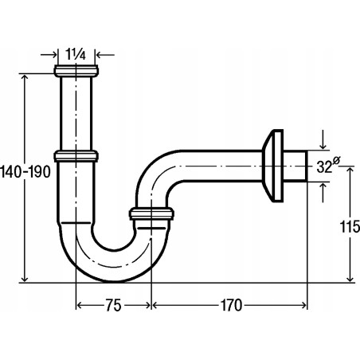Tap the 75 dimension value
pos(113,305)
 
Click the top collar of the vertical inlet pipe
pos(76,72)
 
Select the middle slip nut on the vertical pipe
pos(77,153)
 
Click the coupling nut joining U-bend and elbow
pos(151,213)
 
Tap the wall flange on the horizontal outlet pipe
pos(276,166)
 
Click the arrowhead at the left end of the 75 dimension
pos(80,305)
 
